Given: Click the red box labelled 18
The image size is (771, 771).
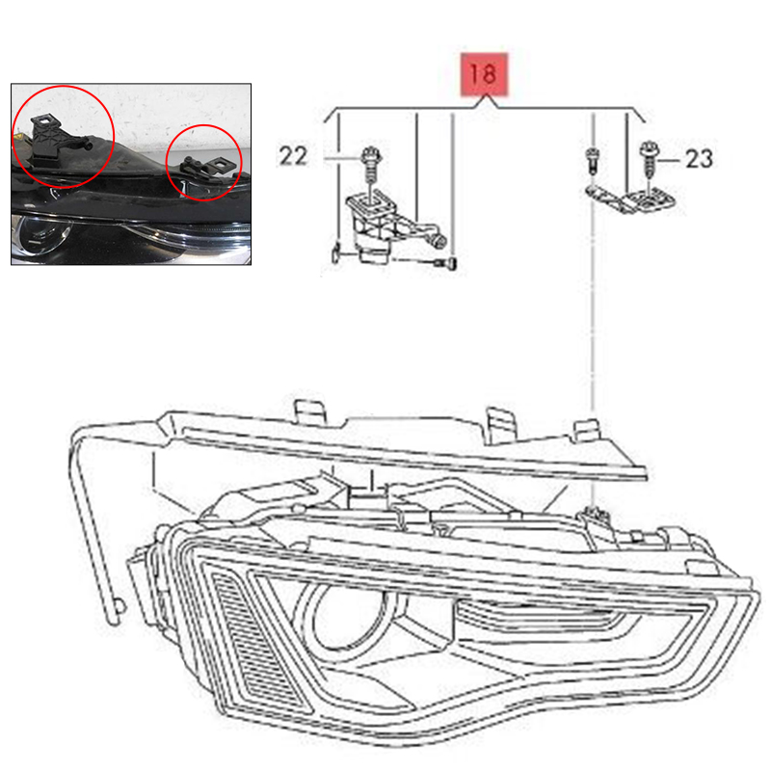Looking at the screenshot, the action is pyautogui.click(x=484, y=74).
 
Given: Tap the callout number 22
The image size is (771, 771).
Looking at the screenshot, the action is pyautogui.click(x=293, y=156).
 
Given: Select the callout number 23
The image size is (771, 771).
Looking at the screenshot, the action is pyautogui.click(x=699, y=159).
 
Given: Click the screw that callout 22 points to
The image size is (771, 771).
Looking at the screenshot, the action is pyautogui.click(x=371, y=163).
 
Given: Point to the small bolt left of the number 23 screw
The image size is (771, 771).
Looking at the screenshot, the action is pyautogui.click(x=593, y=160).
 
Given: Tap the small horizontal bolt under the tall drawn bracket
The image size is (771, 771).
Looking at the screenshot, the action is pyautogui.click(x=445, y=263).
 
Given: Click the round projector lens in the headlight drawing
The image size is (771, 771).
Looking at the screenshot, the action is pyautogui.click(x=350, y=616).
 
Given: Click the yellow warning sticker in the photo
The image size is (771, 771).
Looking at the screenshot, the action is pyautogui.click(x=17, y=137).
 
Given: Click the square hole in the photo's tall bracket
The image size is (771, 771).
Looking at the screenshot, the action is pyautogui.click(x=43, y=120).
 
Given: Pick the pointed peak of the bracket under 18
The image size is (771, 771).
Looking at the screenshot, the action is pyautogui.click(x=487, y=96).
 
